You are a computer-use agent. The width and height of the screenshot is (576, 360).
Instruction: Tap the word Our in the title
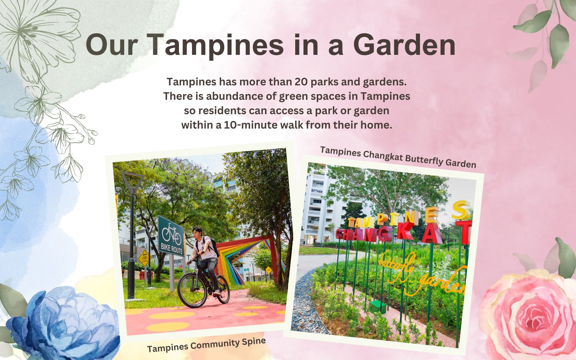point(112,45)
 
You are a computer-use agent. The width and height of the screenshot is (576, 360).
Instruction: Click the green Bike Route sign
point(171,236)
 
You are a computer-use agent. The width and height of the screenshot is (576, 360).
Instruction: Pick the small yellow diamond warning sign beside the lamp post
point(143,258)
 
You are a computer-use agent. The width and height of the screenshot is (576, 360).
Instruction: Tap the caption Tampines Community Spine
point(206,345)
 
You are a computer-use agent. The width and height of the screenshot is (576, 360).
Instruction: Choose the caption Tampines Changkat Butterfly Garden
point(398,157)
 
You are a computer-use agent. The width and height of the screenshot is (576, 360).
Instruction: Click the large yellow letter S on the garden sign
point(461,210)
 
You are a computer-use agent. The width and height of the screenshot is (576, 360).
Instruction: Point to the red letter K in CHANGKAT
point(405,231)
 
